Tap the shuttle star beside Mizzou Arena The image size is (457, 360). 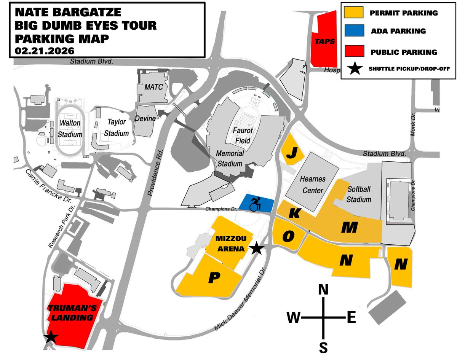257,248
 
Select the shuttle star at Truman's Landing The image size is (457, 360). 50,337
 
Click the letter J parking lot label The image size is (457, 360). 292,153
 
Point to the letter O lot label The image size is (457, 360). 288,236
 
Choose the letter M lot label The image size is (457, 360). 349,227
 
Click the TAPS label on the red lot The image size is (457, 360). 324,41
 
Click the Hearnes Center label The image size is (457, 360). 312,185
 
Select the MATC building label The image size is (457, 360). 153,87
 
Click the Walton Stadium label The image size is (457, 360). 70,129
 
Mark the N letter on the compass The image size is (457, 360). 323,290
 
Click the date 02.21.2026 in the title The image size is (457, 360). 45,50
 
